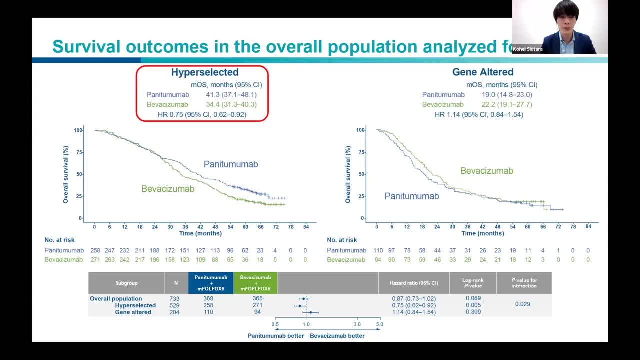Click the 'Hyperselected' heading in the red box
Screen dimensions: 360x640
(x=205, y=72)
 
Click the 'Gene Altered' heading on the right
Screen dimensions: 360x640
(x=483, y=72)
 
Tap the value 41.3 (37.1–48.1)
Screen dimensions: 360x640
(x=231, y=94)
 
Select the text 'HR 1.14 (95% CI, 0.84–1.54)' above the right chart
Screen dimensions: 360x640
(x=479, y=114)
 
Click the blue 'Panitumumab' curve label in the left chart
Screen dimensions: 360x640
(x=230, y=164)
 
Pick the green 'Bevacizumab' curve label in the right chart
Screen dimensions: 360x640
(x=486, y=171)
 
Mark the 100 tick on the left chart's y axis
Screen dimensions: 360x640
(x=78, y=130)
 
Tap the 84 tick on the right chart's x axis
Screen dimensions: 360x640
(x=588, y=226)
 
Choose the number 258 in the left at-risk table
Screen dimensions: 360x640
(x=95, y=250)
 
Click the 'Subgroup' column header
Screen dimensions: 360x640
(x=126, y=283)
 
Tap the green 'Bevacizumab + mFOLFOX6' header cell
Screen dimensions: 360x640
(x=255, y=283)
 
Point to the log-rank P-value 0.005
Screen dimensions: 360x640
(x=473, y=305)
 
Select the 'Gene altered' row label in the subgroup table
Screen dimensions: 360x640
(x=133, y=312)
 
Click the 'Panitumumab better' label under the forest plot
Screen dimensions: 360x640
(x=276, y=336)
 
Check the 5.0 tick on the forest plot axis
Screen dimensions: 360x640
(x=379, y=324)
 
